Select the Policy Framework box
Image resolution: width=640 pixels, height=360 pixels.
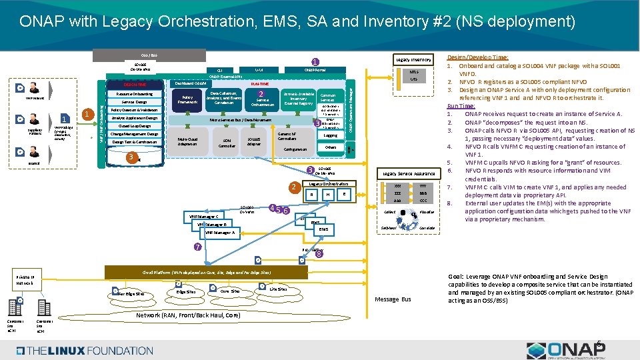click(x=187, y=99)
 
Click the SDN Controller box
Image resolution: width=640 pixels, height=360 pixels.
click(x=226, y=143)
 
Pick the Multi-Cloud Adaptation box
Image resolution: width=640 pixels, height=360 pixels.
click(x=187, y=141)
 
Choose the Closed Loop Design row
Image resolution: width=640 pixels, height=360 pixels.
click(x=134, y=125)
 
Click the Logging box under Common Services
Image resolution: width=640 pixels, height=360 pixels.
click(x=330, y=135)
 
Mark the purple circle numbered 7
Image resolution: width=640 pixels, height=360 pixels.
click(x=197, y=247)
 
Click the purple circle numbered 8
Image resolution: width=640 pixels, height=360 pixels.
click(x=319, y=253)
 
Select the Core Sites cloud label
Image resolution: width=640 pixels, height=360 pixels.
click(x=230, y=291)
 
